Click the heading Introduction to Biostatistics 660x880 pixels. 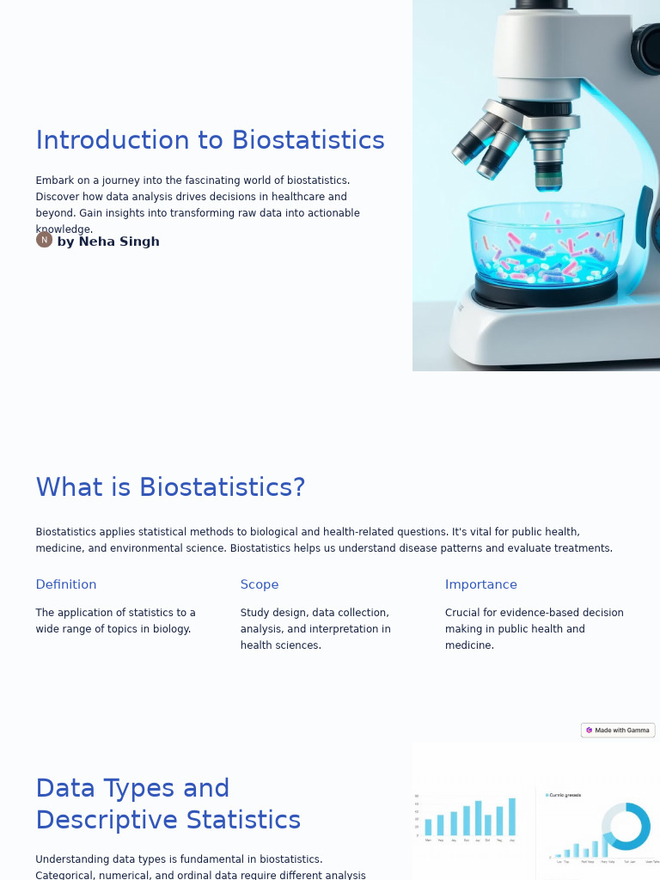[210, 140]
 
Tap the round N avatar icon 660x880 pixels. [44, 240]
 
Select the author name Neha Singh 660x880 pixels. [108, 241]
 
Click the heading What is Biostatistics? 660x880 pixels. [170, 487]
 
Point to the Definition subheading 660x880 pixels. [66, 584]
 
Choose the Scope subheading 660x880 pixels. [260, 584]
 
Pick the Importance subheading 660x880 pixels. [481, 584]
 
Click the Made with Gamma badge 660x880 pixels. [618, 730]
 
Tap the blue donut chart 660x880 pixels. [626, 827]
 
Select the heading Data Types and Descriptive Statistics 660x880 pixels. [168, 804]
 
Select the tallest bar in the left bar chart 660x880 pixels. [512, 817]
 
